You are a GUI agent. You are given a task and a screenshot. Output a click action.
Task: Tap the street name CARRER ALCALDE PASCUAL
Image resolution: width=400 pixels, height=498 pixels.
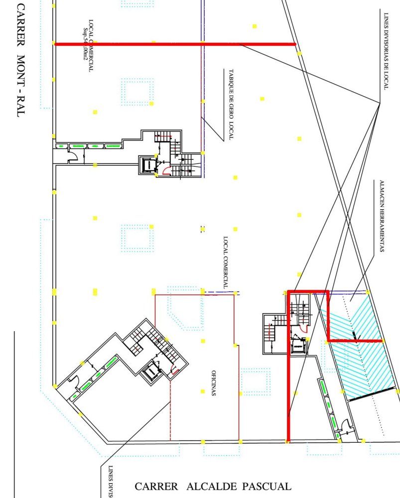coord(213,487)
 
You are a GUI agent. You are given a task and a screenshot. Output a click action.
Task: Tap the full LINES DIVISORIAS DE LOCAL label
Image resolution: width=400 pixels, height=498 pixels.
coord(386,50)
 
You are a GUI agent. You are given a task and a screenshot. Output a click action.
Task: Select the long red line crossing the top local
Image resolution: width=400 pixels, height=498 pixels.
coord(174,44)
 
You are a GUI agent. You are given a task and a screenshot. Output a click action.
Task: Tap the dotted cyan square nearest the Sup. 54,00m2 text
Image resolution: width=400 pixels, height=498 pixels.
coord(137,91)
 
